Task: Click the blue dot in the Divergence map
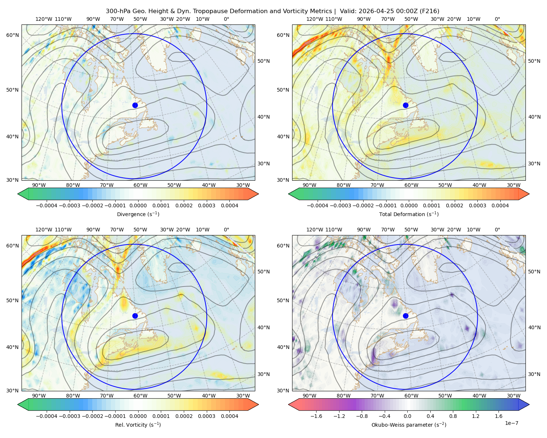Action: coord(135,105)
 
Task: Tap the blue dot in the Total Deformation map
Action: coord(406,105)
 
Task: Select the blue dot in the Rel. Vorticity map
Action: coord(135,316)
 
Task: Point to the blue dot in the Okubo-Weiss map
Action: coord(406,316)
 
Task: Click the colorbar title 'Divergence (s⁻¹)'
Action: coord(138,214)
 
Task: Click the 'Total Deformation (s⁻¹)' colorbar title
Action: coord(409,214)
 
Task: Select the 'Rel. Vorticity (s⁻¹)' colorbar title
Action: coord(138,425)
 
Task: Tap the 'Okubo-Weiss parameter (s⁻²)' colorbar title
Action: coord(409,425)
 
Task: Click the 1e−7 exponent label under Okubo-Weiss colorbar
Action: coord(511,423)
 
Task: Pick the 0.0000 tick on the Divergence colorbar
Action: coord(138,205)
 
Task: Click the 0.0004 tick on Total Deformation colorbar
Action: coord(500,205)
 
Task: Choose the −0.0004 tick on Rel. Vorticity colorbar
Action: coord(47,416)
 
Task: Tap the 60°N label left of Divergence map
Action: coord(12,35)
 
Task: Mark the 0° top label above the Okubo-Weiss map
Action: coord(497,230)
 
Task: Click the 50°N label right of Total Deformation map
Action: coord(534,61)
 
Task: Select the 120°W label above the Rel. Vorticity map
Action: coord(44,230)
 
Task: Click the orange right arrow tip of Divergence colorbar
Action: coord(258,194)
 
